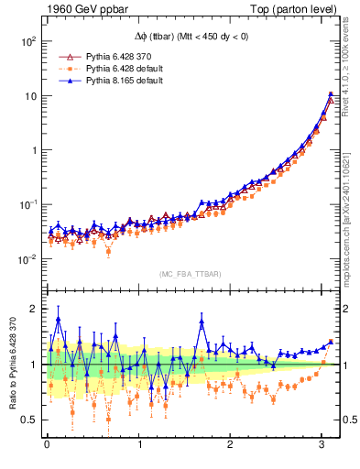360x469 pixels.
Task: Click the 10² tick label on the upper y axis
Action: (27, 42)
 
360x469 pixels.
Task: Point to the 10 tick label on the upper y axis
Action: (29, 96)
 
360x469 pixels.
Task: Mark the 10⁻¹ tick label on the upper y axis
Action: (27, 204)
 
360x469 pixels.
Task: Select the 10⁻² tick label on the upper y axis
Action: (27, 259)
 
